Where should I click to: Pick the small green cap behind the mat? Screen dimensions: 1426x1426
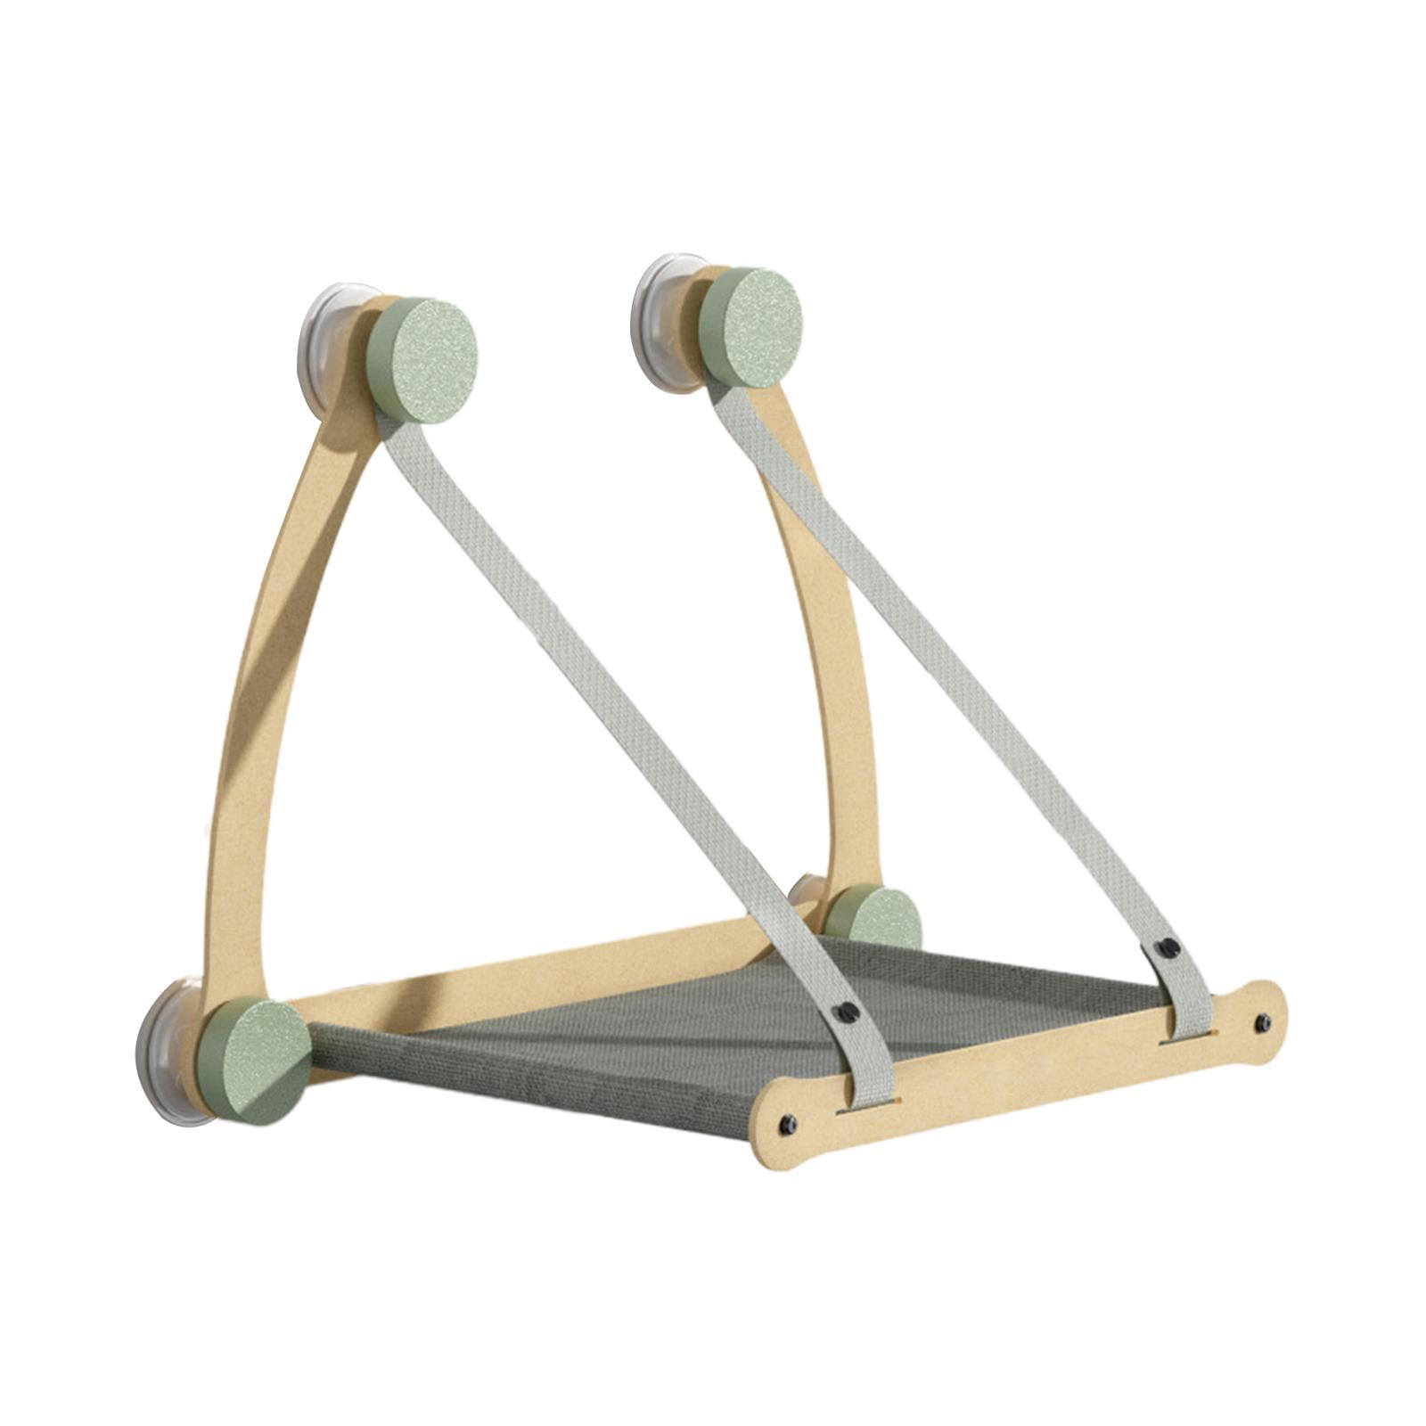[873, 917]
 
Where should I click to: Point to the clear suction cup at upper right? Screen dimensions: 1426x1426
[658, 307]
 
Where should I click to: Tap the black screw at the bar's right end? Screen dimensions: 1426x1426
[1262, 1020]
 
